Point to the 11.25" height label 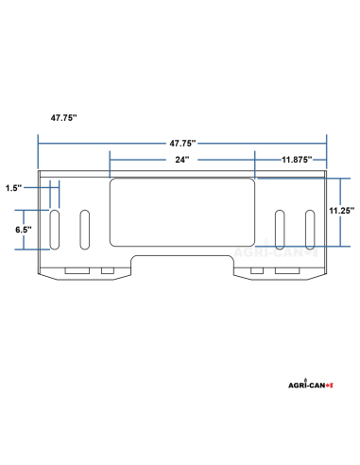340,211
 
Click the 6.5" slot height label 25,230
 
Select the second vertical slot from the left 85,230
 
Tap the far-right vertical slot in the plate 310,230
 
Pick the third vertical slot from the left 280,230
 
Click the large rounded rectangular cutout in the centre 182,213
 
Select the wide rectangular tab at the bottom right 288,272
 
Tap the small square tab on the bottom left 107,272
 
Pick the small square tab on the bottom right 257,272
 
